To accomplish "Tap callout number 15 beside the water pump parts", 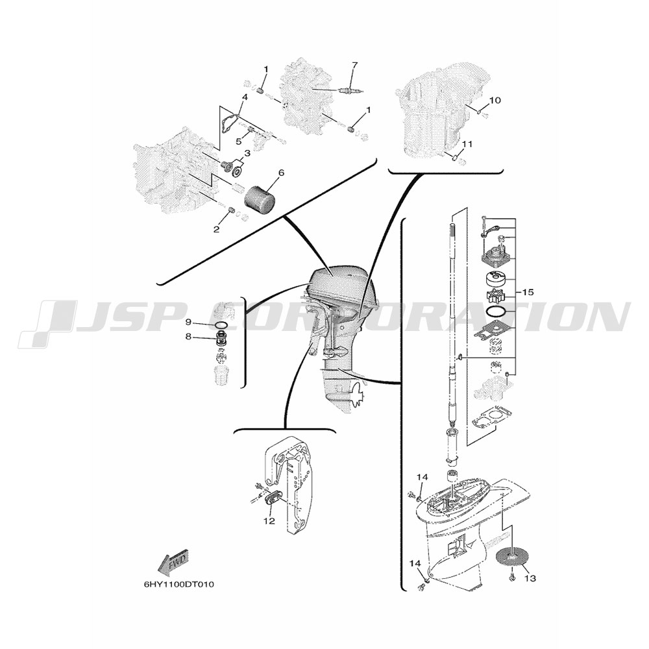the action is pos(527,292).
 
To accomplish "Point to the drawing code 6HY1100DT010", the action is pos(178,585).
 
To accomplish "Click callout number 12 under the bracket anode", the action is pos(269,520).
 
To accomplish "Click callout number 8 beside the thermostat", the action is pos(188,337).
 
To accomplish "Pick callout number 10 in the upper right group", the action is pos(495,100).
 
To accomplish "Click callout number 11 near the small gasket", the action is pos(467,144).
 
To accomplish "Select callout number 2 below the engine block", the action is pos(216,229).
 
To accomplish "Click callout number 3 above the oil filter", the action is pos(247,153).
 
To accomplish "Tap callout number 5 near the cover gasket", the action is pos(238,141).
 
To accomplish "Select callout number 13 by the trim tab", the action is pos(530,578).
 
